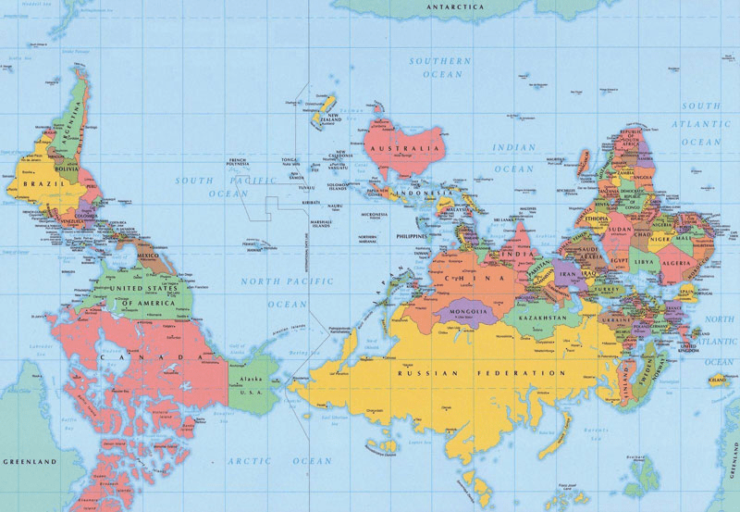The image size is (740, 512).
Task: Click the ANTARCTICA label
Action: point(454,7)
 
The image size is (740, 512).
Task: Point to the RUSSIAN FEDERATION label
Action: point(480,373)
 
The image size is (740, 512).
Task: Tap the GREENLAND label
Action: point(30,460)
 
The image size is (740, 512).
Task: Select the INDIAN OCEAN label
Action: point(512,158)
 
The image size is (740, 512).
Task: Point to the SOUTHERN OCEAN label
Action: point(440,68)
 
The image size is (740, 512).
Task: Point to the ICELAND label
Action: point(716,380)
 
